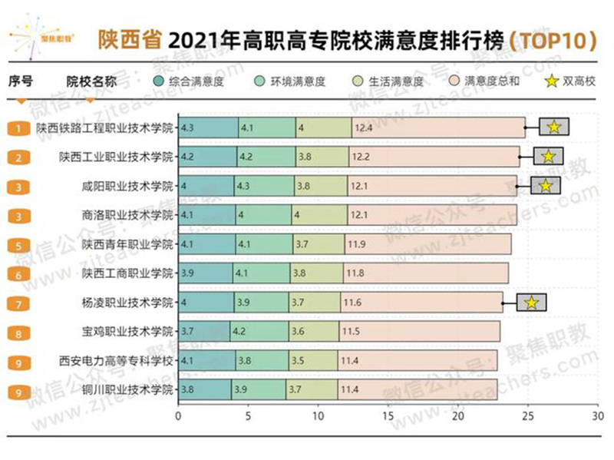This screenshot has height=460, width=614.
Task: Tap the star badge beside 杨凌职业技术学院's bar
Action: [x=530, y=303]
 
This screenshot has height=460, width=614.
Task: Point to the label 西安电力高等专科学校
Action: [x=117, y=360]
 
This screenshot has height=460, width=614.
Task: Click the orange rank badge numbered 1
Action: [x=18, y=128]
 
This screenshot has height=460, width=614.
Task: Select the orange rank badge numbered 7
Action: [x=18, y=303]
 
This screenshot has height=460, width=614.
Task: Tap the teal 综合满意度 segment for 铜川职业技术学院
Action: [x=204, y=389]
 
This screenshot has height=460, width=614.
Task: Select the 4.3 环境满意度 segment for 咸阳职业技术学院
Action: [x=264, y=186]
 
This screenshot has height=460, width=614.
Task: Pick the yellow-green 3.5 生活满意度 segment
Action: [x=312, y=360]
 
